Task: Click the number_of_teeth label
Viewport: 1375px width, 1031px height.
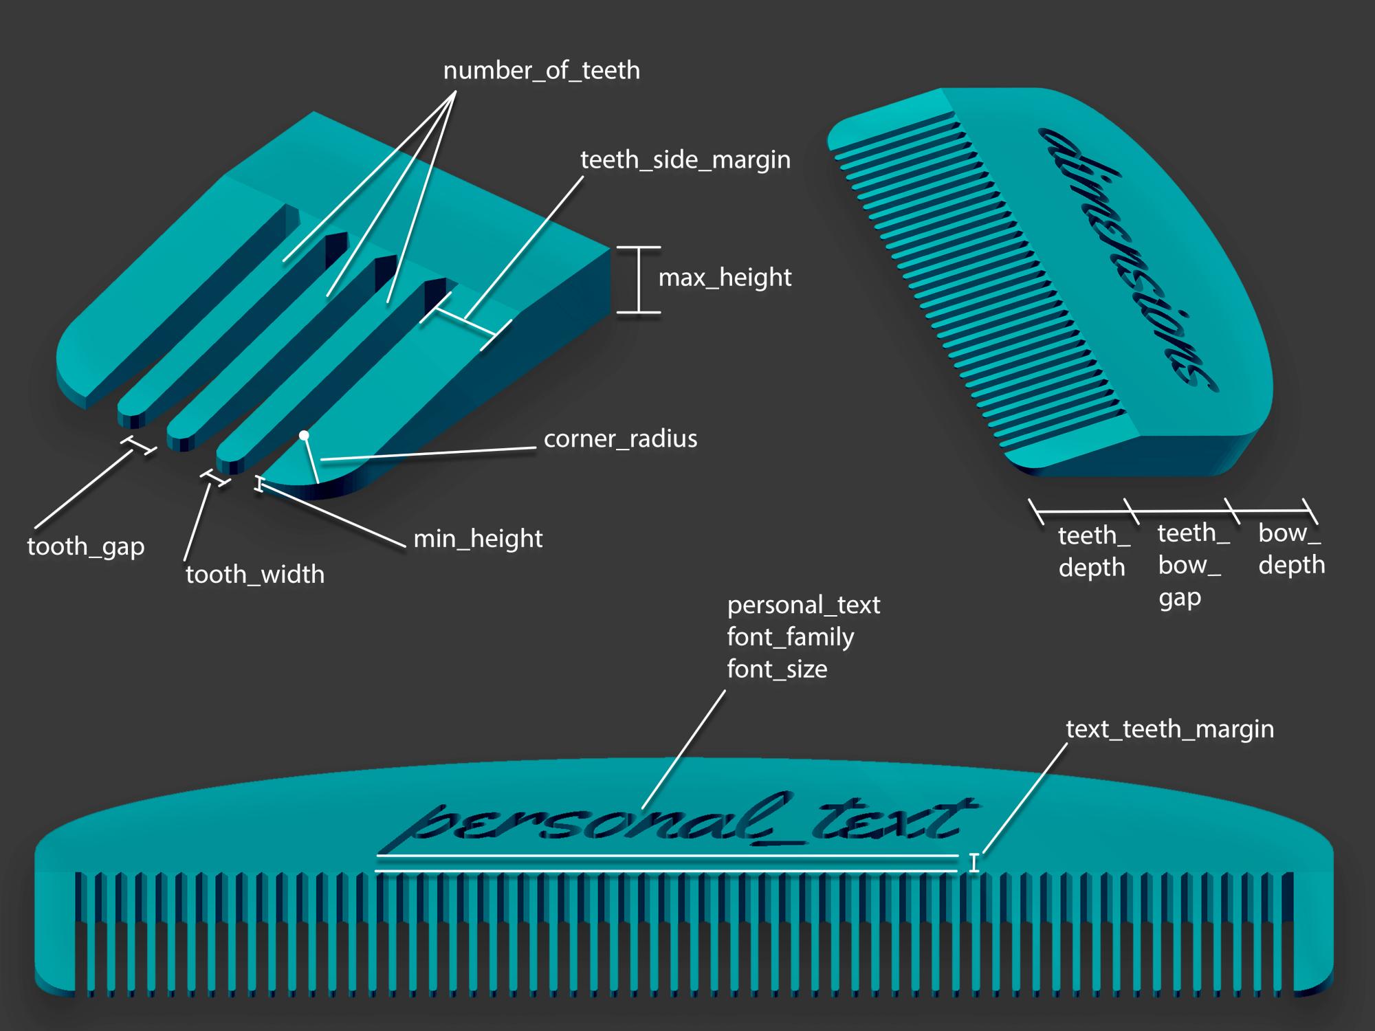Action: coord(541,71)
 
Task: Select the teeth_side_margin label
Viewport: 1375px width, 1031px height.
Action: coord(685,160)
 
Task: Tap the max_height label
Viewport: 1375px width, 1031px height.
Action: coord(725,278)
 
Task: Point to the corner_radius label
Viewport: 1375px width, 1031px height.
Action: coord(620,439)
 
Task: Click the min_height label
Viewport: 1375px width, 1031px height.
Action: coord(478,539)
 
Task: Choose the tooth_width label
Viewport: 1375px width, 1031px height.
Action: coord(254,575)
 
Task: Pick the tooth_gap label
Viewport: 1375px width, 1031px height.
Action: coord(86,547)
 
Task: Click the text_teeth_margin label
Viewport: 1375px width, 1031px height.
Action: coord(1169,729)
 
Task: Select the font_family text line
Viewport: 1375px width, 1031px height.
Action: coord(790,637)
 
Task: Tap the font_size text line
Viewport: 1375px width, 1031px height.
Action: coord(777,669)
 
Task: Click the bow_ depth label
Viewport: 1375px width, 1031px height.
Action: coord(1291,549)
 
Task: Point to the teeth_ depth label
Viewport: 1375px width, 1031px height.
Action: coord(1093,551)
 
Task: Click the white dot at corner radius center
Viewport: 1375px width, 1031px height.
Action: coord(304,435)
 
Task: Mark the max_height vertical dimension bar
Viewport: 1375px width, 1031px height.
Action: coord(639,280)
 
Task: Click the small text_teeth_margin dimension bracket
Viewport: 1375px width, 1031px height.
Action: coord(973,863)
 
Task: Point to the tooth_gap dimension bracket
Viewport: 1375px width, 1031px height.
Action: coord(139,445)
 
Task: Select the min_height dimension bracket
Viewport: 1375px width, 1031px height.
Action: coord(259,484)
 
